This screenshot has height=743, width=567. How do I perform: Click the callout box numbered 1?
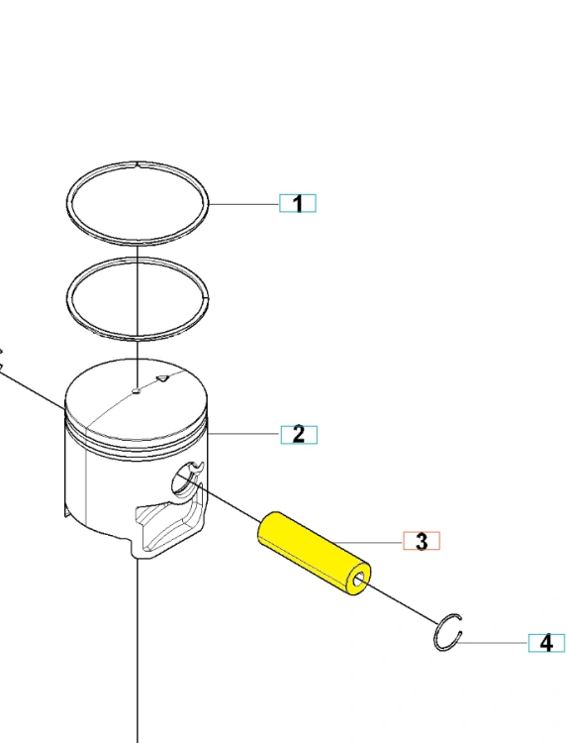coord(297,203)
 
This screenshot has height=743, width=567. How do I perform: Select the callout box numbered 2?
coord(299,435)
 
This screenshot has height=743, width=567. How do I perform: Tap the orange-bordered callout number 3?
coord(422,541)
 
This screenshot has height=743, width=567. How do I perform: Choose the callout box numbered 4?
coord(546,643)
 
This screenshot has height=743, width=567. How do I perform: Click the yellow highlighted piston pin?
coord(314,554)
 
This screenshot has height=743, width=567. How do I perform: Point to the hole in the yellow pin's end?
coord(359,580)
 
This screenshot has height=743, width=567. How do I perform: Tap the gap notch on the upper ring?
coord(138,164)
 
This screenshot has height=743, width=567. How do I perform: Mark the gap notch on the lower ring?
coord(206,298)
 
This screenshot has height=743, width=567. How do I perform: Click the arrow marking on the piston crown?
coord(162,378)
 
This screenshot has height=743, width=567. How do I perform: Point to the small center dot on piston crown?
coord(137,391)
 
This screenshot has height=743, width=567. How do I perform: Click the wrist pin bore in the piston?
coord(181,479)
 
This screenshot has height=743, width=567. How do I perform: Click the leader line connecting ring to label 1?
coord(243,204)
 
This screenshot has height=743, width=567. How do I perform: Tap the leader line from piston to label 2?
coord(244,434)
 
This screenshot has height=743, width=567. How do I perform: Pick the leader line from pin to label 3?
coord(369,541)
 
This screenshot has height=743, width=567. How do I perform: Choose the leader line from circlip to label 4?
coord(493,643)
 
